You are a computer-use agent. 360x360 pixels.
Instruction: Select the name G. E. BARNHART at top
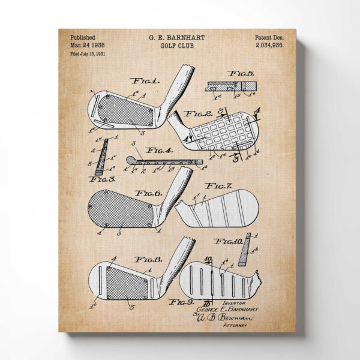tap(176, 37)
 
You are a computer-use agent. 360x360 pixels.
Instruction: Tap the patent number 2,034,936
tap(269, 45)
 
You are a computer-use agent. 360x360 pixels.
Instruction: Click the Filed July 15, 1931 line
tap(88, 54)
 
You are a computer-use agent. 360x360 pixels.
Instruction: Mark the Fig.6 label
tap(147, 193)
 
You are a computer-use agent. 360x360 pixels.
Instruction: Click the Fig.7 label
tap(219, 186)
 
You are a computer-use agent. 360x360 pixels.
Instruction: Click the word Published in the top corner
tap(82, 37)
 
